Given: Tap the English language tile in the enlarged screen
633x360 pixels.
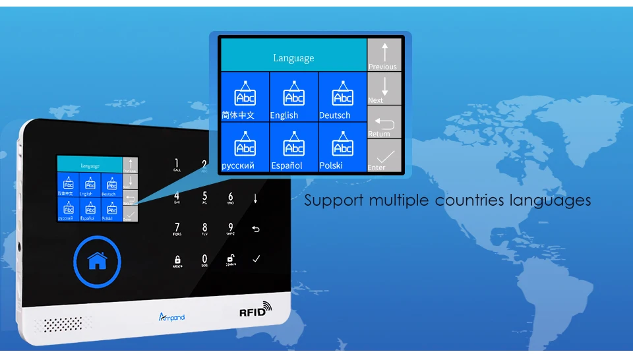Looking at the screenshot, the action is click(x=293, y=97).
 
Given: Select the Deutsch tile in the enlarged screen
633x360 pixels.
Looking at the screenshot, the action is click(x=342, y=97).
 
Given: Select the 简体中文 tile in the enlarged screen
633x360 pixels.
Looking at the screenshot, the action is click(x=245, y=97).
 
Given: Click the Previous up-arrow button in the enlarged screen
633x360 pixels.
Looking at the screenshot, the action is click(x=384, y=55).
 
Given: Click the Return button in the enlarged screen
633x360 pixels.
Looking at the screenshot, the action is click(x=384, y=123).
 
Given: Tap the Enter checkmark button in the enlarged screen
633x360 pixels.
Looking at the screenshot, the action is click(x=384, y=156).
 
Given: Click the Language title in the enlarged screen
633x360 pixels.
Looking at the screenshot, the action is click(x=293, y=58).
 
